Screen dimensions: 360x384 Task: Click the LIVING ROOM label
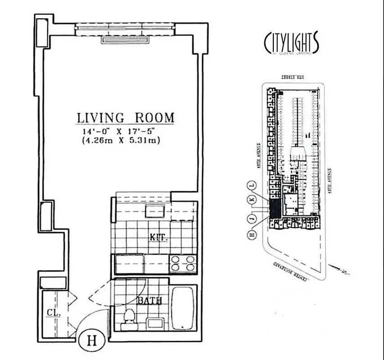tap(125, 118)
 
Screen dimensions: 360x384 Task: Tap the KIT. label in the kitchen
tap(159, 237)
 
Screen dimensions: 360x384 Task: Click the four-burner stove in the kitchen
tap(183, 264)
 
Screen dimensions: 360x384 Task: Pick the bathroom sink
tap(156, 323)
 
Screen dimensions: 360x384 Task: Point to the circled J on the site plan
tap(252, 219)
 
